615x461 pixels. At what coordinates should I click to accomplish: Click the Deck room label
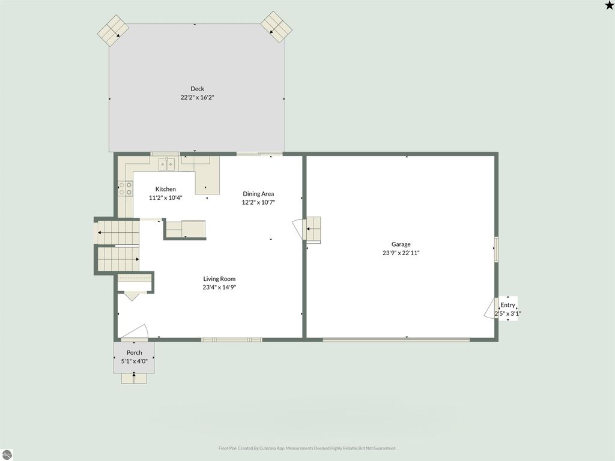197,89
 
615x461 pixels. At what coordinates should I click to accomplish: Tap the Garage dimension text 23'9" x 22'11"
401,253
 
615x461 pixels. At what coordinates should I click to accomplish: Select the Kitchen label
166,189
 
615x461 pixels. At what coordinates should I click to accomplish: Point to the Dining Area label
258,194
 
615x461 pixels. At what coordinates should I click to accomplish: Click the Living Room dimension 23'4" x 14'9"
219,288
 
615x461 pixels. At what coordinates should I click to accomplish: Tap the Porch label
135,352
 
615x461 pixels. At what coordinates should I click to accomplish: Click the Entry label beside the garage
507,305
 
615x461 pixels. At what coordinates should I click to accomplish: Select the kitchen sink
166,163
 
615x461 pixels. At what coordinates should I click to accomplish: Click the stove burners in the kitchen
126,188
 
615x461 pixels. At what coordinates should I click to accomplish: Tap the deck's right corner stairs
276,26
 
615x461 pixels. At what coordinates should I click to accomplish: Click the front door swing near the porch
137,331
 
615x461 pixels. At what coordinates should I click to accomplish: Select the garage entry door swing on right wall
490,308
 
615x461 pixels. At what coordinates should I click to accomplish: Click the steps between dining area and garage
313,229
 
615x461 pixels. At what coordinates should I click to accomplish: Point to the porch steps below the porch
134,378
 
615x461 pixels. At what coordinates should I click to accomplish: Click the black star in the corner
610,5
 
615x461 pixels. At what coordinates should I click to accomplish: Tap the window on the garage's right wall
496,249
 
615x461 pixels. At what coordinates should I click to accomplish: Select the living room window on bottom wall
232,340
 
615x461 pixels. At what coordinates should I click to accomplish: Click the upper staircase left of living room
118,232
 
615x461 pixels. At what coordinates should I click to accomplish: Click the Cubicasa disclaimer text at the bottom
307,448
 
